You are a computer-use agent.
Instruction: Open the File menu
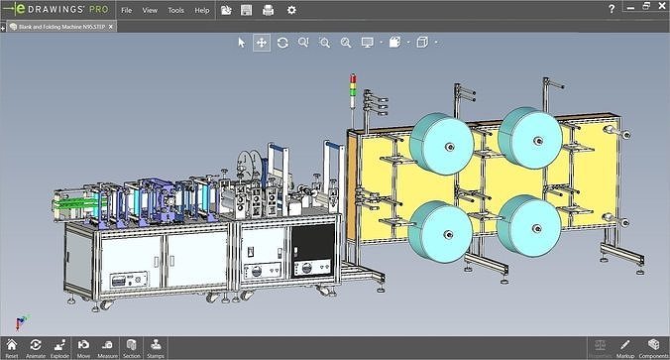126,10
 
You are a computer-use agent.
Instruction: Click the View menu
150,10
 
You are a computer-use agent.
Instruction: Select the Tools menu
175,10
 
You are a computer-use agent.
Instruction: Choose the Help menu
202,10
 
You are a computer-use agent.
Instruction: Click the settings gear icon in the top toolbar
291,10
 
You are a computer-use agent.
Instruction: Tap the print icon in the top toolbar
269,10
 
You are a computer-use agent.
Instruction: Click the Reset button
12,346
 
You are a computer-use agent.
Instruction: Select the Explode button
59,346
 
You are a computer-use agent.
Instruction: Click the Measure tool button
108,346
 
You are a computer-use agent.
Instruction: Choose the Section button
132,346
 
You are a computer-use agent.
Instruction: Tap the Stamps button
156,346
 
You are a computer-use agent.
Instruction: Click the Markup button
625,346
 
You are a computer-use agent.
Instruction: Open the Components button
653,346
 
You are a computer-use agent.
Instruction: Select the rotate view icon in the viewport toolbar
282,43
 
